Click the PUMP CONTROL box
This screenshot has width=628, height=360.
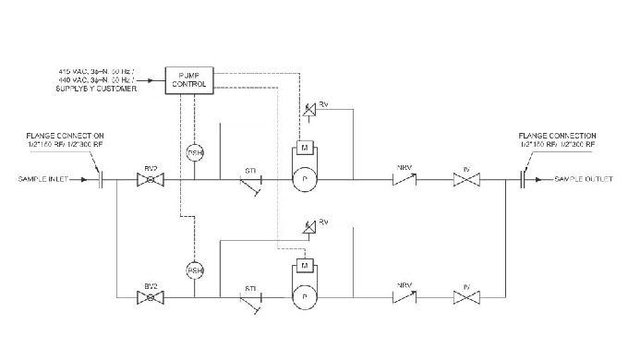pos(189,79)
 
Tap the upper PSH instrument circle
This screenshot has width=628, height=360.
pos(195,152)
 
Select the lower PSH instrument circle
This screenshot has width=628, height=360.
pos(195,270)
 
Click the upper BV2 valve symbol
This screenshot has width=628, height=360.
pos(146,180)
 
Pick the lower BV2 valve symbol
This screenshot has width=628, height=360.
pos(146,297)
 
